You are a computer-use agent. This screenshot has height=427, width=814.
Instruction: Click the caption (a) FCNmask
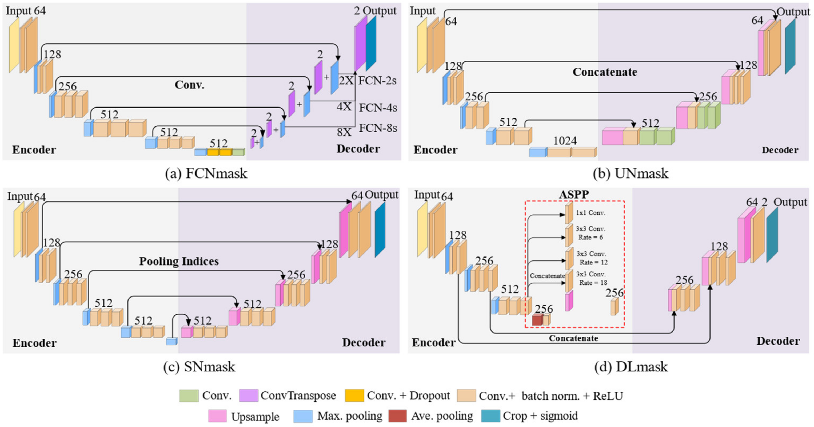coord(206,173)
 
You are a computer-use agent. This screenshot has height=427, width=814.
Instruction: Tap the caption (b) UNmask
coord(631,173)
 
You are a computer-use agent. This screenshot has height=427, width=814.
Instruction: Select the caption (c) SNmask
coord(199,367)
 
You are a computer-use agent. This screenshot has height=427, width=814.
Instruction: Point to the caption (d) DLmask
coord(631,367)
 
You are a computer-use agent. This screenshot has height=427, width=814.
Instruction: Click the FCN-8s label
coord(378,128)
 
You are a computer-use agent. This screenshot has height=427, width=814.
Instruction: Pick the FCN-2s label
coord(377,81)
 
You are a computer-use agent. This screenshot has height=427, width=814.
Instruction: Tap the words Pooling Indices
coord(179,261)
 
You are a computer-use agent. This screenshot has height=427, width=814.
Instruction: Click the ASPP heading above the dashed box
coord(574,195)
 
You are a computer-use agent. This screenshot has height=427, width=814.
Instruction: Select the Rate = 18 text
coord(593,282)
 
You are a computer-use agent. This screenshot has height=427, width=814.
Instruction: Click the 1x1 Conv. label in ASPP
coord(590,213)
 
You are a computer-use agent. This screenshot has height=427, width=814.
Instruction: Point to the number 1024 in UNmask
coord(565,141)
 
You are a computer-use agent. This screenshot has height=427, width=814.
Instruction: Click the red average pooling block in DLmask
coord(537,320)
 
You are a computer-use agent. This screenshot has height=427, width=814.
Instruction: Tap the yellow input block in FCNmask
coord(14,45)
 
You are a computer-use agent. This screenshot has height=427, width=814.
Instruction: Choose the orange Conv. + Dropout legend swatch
coord(354,396)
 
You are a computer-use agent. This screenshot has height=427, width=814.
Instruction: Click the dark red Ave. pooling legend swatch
coord(397,416)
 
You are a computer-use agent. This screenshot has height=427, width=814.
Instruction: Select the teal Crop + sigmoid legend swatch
coord(490,416)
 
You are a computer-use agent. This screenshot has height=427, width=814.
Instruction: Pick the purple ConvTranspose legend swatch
coord(248,396)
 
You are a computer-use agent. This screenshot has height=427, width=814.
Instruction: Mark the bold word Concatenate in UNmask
coord(604,72)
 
